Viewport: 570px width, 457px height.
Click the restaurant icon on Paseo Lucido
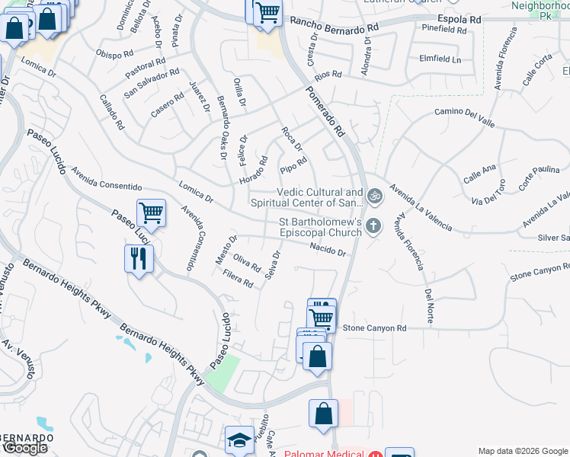[139, 258]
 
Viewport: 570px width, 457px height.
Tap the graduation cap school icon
[239, 440]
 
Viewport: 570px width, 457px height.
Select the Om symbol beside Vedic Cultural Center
[373, 197]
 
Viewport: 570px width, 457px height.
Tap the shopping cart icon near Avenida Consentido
[151, 213]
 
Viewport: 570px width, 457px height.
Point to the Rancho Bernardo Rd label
[335, 26]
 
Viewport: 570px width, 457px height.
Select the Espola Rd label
[460, 18]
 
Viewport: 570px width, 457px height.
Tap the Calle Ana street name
[480, 174]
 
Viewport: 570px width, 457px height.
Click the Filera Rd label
[239, 280]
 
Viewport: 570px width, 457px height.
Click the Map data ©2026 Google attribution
[522, 450]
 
